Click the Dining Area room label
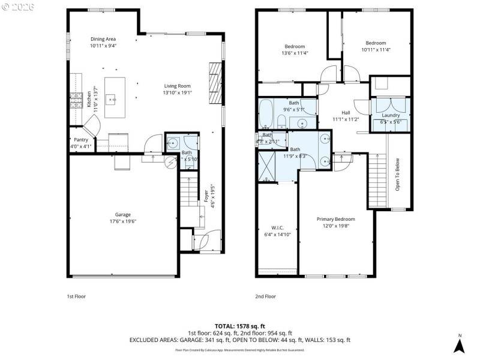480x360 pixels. pos(103,39)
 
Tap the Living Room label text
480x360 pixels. pos(177,86)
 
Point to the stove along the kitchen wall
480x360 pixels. pos(76,100)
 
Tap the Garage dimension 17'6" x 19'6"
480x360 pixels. pos(123,221)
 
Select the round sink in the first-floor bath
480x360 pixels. pos(172,143)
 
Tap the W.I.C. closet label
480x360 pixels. pos(277,227)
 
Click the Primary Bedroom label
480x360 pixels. pos(335,219)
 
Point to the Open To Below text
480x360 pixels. pos(397,175)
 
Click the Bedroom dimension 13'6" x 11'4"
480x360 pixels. pos(295,53)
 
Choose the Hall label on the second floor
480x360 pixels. pos(346,113)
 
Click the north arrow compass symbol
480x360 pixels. pos(459,344)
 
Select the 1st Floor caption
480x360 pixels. pos(76,296)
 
